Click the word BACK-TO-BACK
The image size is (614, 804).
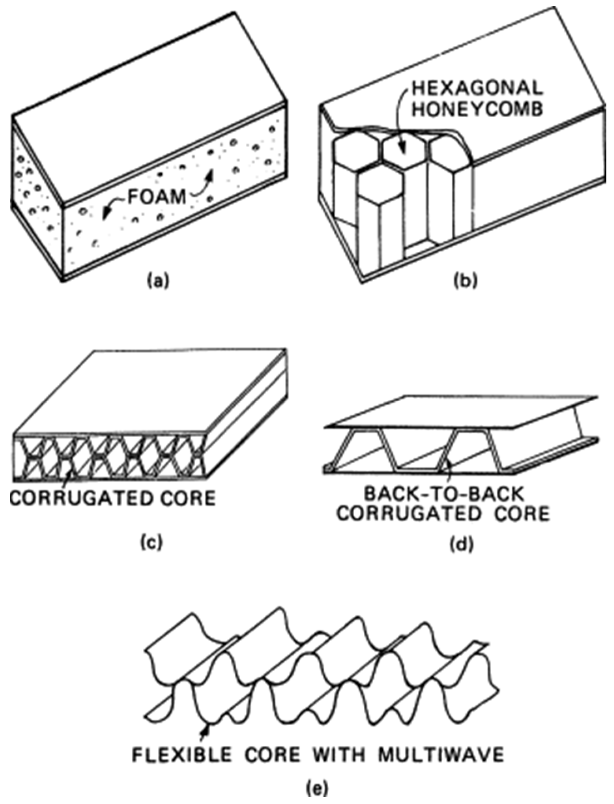[444, 495]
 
